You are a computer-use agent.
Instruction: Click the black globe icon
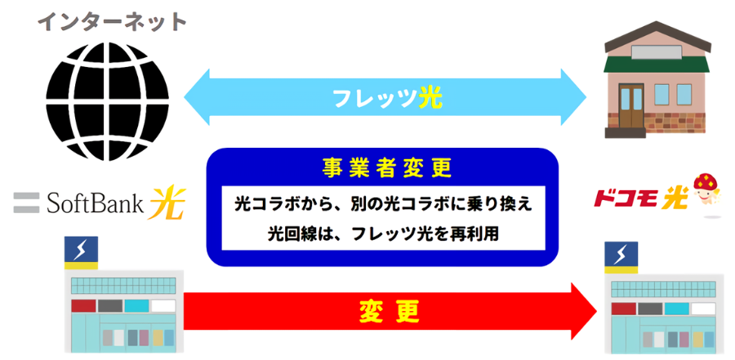tap(108, 97)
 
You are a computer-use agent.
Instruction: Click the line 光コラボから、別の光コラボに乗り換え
tap(383, 203)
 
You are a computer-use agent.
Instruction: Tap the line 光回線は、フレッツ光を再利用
tap(383, 233)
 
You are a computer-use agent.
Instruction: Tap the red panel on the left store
tap(83, 306)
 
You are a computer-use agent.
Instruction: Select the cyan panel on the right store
tap(677, 309)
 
